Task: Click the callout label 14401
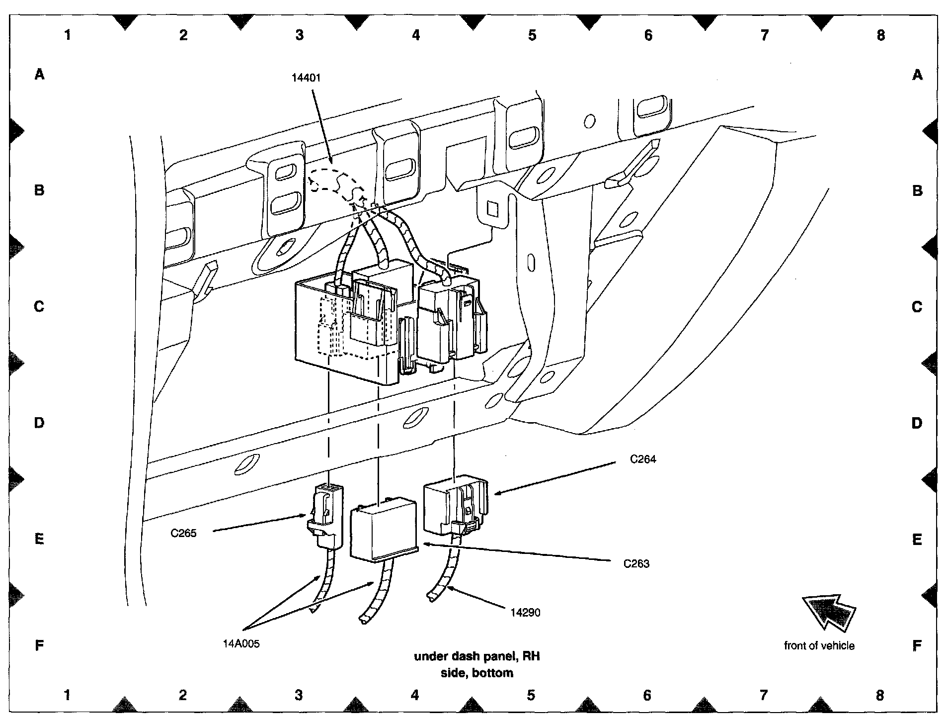click(306, 78)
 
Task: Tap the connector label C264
click(642, 459)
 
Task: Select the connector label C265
click(183, 534)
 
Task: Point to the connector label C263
click(636, 564)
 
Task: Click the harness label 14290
click(525, 613)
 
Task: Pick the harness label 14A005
click(241, 644)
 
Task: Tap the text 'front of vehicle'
click(819, 646)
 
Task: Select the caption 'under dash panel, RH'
click(476, 656)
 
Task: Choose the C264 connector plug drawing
click(455, 504)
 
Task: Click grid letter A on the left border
click(39, 75)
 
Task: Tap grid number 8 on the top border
click(880, 35)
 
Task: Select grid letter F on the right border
click(917, 646)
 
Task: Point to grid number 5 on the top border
click(532, 35)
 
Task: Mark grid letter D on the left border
click(39, 423)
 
